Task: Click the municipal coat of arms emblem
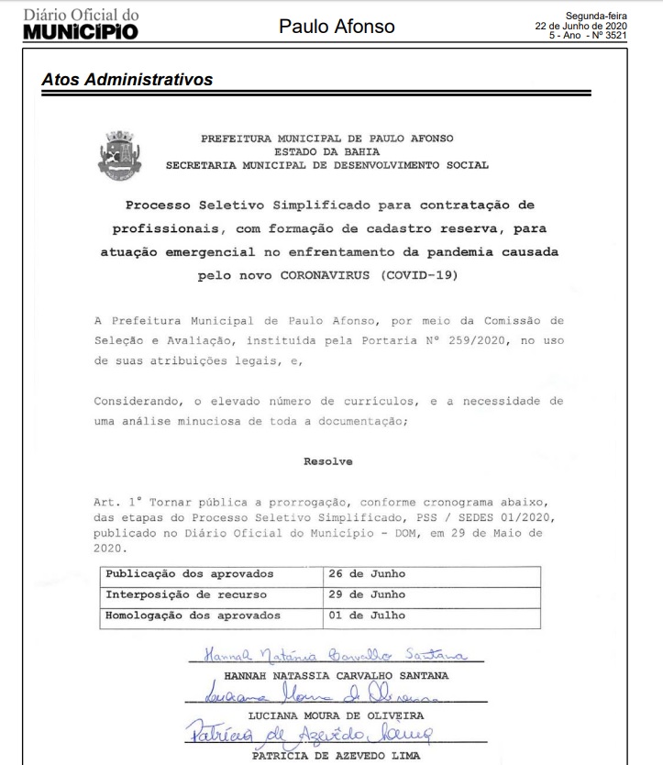coord(119,153)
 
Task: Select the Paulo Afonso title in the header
coord(337,27)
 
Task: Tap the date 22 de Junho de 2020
coord(581,26)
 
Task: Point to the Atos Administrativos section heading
coord(127,80)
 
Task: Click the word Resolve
coord(328,461)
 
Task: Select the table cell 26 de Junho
coord(367,574)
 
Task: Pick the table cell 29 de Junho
coord(367,594)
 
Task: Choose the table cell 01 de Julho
coord(367,615)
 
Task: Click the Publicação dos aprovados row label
coord(190,574)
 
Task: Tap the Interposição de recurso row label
coord(186,594)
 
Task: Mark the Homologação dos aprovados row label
coord(193,615)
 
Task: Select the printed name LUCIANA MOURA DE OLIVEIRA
coord(337,715)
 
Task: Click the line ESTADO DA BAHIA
coord(327,152)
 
